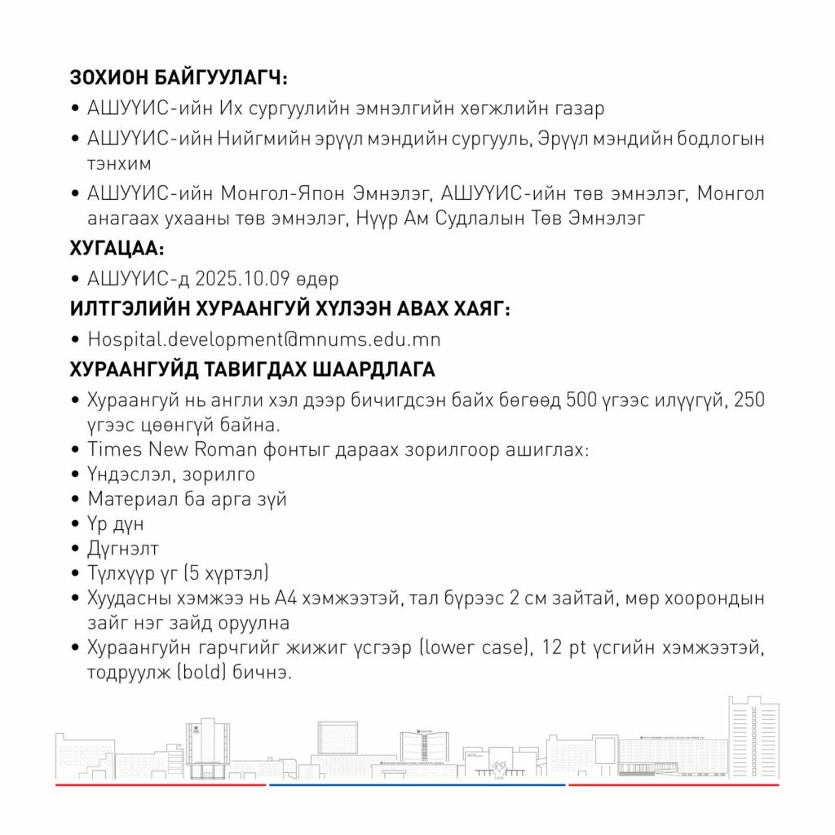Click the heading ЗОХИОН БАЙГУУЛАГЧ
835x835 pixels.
point(180,79)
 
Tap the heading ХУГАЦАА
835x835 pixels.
point(117,248)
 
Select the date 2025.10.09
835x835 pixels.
point(243,279)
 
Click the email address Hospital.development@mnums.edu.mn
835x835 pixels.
point(264,338)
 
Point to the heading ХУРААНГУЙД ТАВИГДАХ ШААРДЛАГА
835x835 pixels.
point(253,369)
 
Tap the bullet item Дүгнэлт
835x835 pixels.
point(123,548)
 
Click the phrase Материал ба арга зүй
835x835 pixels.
point(187,498)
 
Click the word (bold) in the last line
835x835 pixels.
point(189,674)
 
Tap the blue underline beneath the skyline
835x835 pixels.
point(417,784)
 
